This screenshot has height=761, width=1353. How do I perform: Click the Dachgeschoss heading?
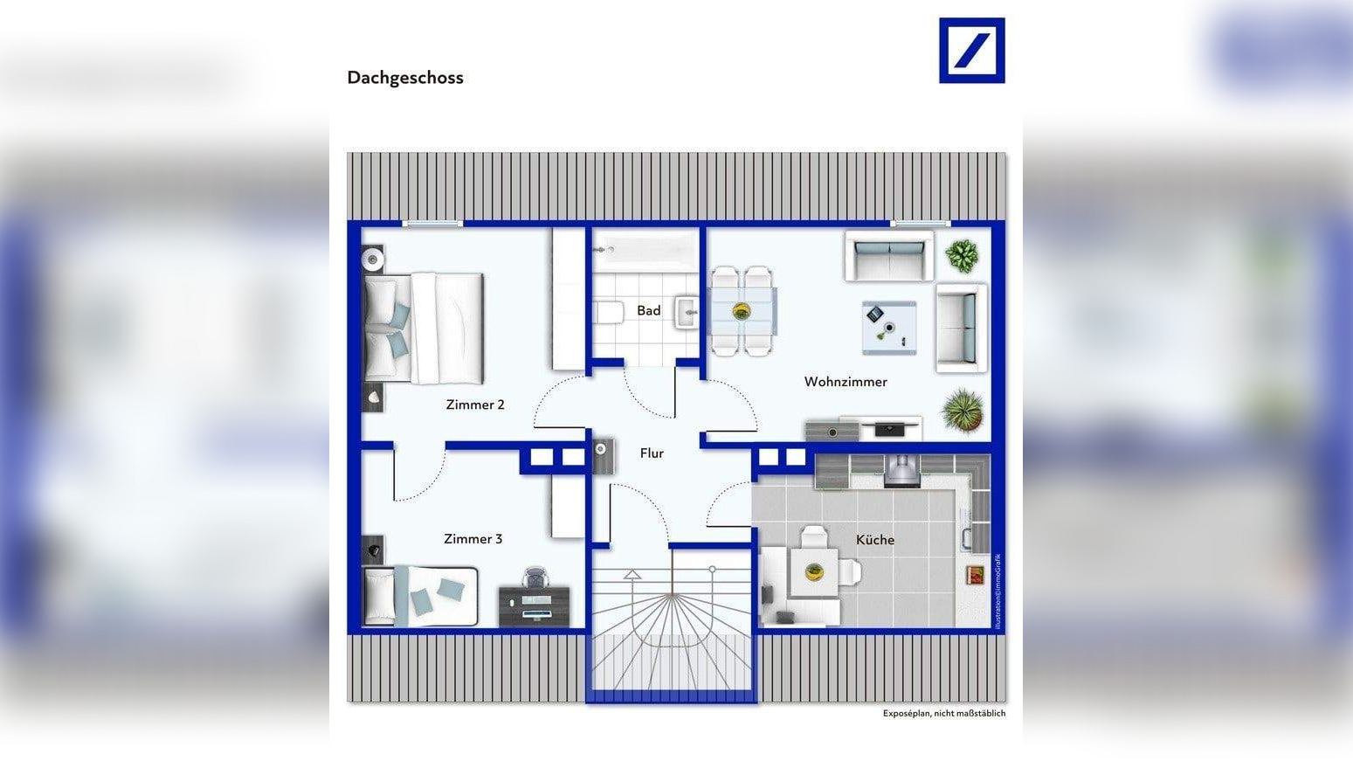pyautogui.click(x=405, y=78)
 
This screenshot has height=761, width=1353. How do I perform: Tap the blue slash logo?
pyautogui.click(x=971, y=51)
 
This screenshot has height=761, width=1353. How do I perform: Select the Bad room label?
pyautogui.click(x=648, y=310)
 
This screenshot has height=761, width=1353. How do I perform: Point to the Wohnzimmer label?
pyautogui.click(x=845, y=382)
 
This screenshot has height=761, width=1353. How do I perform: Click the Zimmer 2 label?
pyautogui.click(x=475, y=405)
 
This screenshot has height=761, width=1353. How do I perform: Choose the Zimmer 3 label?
pyautogui.click(x=473, y=539)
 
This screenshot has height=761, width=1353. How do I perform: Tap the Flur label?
pyautogui.click(x=652, y=453)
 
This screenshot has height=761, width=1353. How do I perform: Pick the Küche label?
pyautogui.click(x=874, y=540)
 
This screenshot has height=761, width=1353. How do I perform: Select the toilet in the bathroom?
pyautogui.click(x=608, y=312)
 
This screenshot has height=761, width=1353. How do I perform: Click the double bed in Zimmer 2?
pyautogui.click(x=425, y=328)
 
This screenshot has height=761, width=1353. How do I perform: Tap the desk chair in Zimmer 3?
pyautogui.click(x=535, y=578)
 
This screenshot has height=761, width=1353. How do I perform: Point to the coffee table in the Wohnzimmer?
pyautogui.click(x=889, y=328)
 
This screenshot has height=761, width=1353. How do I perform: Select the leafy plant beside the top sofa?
pyautogui.click(x=962, y=256)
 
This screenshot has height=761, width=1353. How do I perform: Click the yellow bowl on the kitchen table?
pyautogui.click(x=814, y=572)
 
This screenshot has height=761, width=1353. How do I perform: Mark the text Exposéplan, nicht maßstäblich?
pyautogui.click(x=943, y=714)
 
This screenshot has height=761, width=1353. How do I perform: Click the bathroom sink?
pyautogui.click(x=687, y=311)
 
